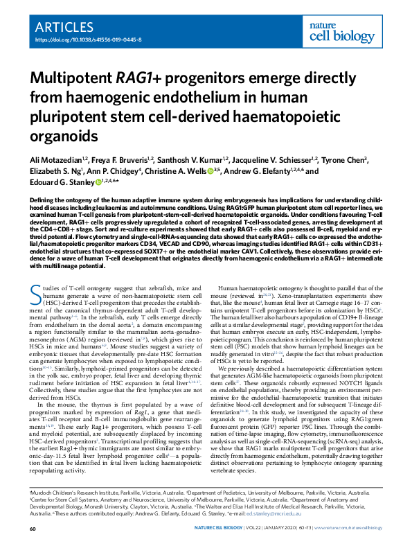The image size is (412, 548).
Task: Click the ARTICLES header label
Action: pyautogui.click(x=64, y=28)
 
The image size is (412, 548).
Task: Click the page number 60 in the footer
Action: pyautogui.click(x=33, y=529)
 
